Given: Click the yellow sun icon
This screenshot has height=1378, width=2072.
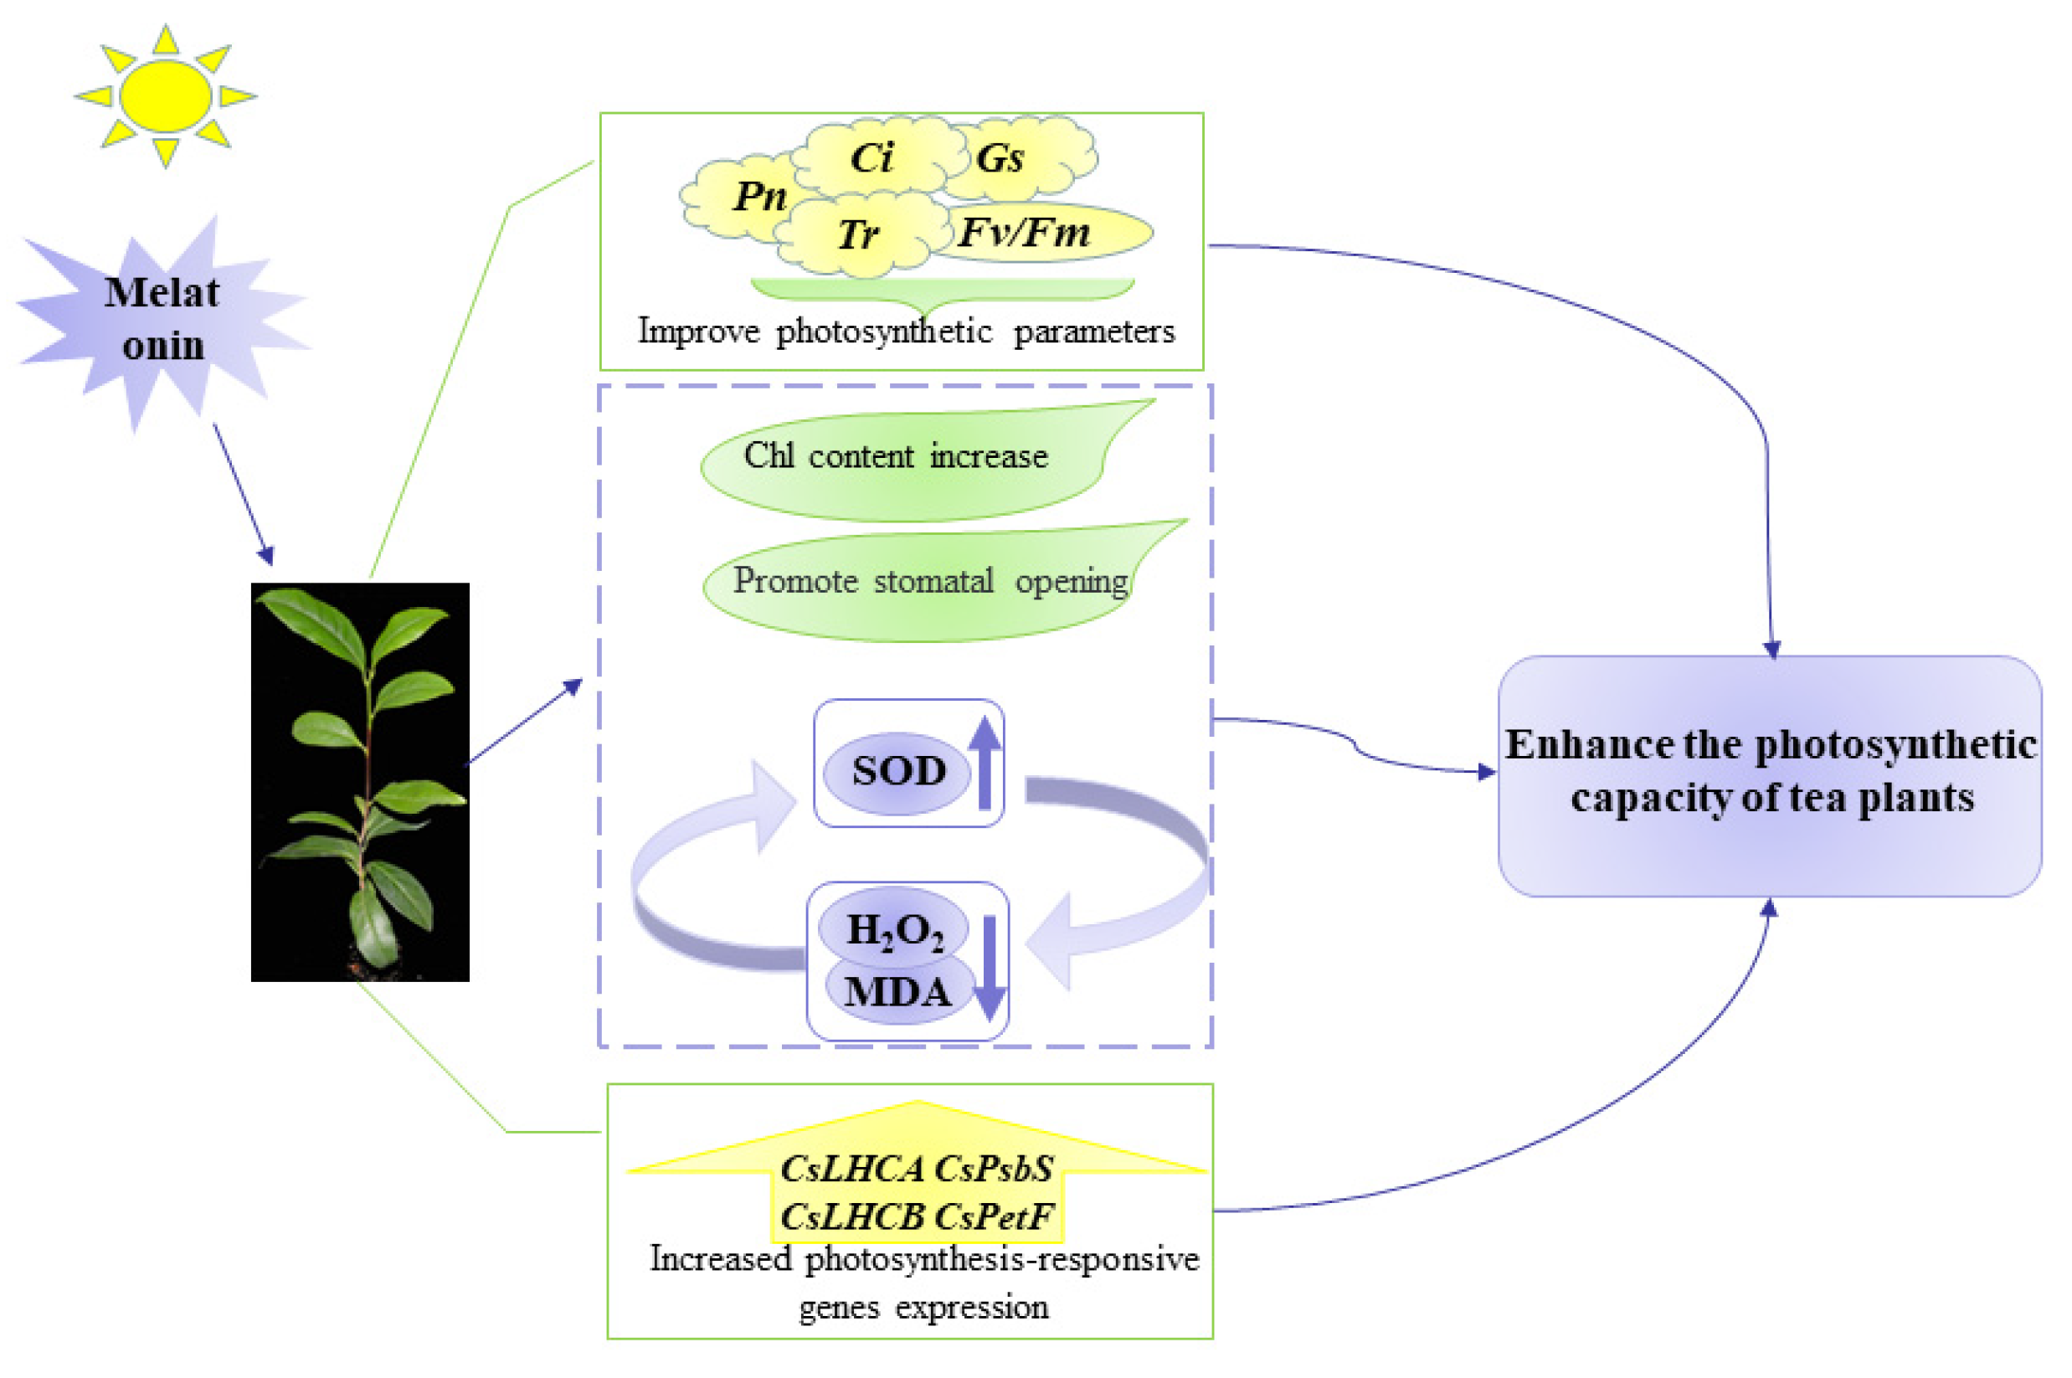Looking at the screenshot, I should coord(165,95).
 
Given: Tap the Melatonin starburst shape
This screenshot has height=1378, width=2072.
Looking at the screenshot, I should coord(162,319).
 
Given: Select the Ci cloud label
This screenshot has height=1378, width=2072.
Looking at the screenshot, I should coord(871,158).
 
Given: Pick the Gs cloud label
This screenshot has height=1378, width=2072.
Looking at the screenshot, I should coord(1000,159).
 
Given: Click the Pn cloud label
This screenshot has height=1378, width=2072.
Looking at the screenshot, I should coord(759,196).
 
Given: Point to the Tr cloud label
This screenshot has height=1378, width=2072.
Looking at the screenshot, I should coord(857,234).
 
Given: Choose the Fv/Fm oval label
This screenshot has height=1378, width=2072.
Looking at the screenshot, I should coord(1025,232).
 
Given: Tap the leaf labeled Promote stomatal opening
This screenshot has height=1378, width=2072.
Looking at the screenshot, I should coord(929,582).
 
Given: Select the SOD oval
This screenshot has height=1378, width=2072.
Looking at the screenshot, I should coord(898,772).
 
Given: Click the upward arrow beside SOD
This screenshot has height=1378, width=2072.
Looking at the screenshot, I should coord(985,763).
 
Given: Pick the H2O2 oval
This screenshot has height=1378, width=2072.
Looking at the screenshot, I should coord(895,930).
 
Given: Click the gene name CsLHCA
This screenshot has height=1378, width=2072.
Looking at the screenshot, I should coord(851,1170).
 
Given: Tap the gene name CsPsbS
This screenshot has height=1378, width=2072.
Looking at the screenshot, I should coord(994,1170).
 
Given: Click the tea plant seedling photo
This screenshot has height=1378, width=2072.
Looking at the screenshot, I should coord(360,782).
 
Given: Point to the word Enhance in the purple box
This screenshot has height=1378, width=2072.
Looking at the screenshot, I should coord(1589,745).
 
